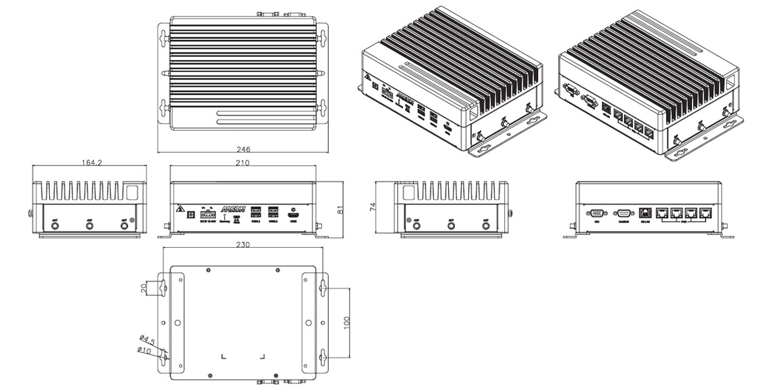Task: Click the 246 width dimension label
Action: [244, 149]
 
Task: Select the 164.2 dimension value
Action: [91, 163]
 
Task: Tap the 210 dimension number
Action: [242, 163]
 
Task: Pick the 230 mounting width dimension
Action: [242, 245]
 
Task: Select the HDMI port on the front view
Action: [292, 217]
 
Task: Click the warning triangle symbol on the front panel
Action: [178, 210]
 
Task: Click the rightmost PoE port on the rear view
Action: [708, 213]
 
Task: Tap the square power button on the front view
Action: [190, 214]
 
